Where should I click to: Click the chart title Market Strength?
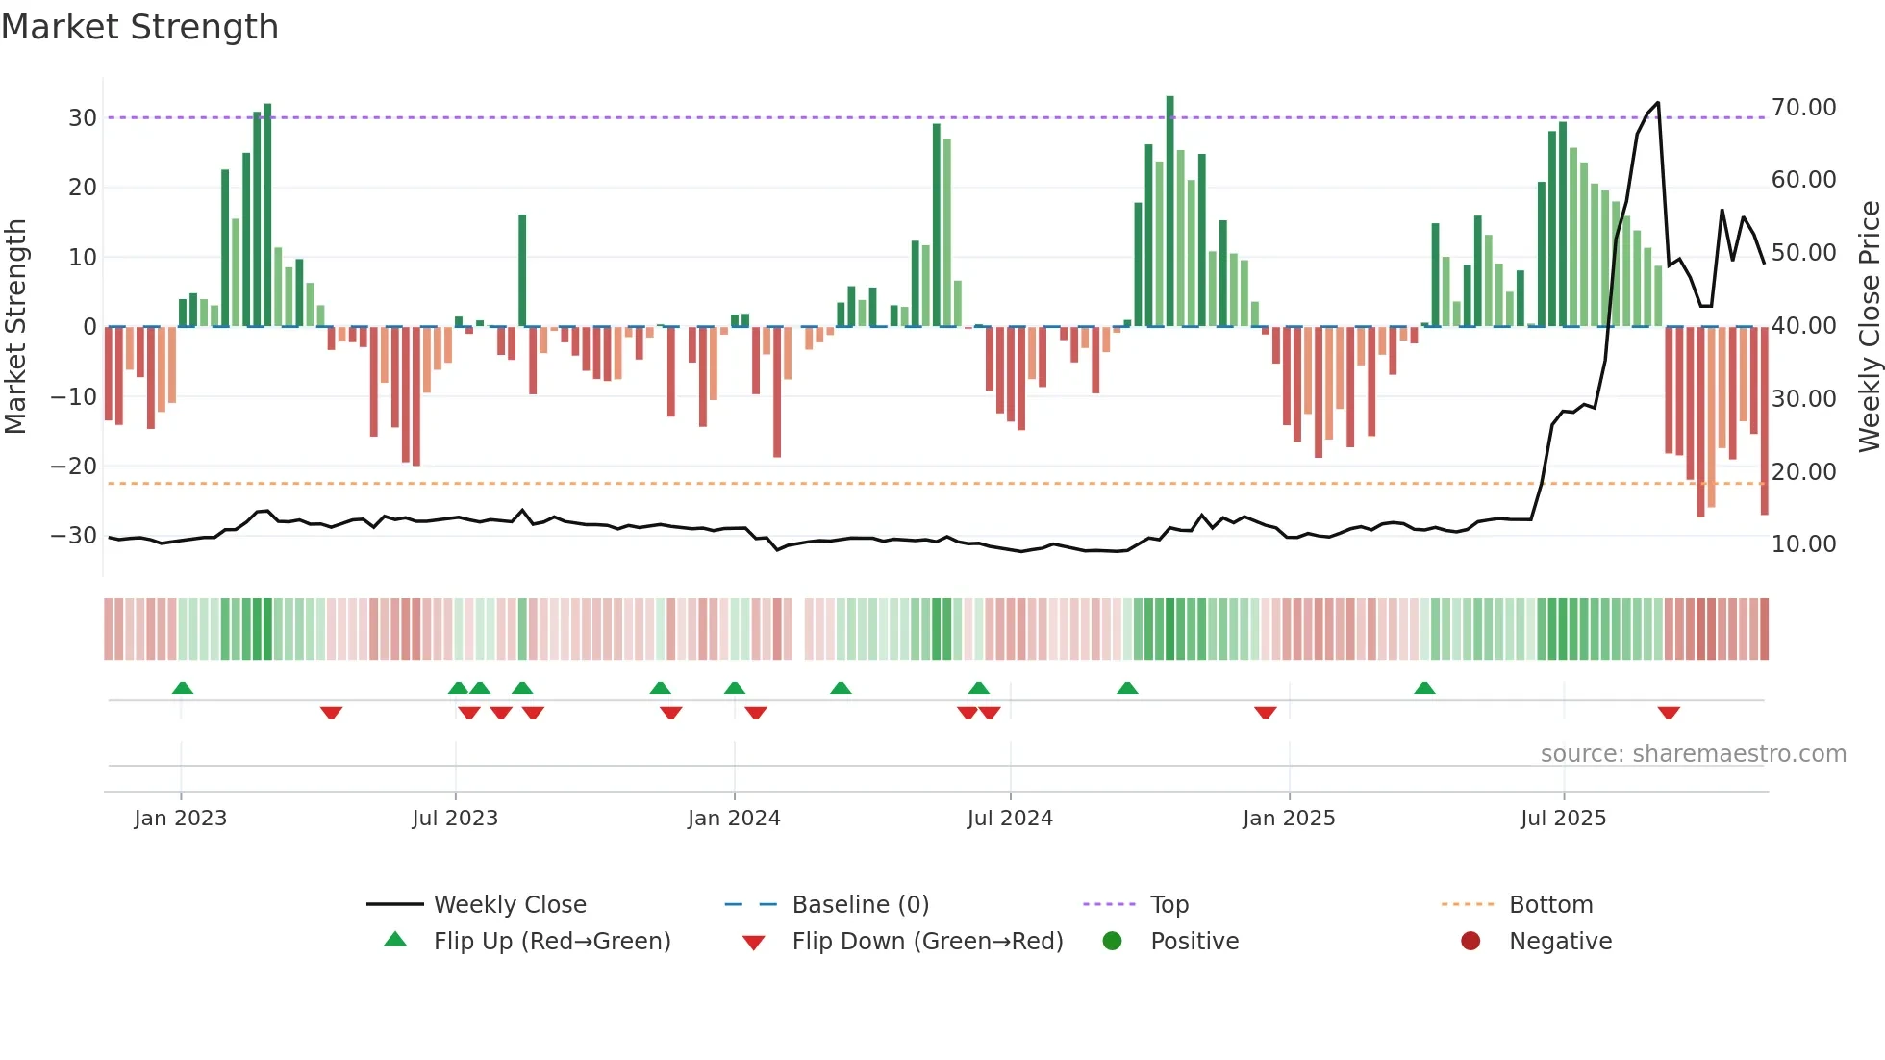click(140, 27)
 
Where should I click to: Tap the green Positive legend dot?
click(1113, 941)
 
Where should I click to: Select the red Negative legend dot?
click(1470, 941)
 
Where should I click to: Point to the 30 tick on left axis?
click(83, 117)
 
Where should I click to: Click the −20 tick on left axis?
click(74, 466)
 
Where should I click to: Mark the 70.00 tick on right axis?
click(1803, 107)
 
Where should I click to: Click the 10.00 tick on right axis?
click(1803, 543)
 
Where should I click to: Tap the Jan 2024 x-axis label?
click(734, 818)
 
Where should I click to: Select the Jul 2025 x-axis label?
click(1563, 818)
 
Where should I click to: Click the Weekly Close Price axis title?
click(1869, 326)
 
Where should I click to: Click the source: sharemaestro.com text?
click(1693, 753)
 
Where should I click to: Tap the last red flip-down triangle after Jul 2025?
click(1669, 713)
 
